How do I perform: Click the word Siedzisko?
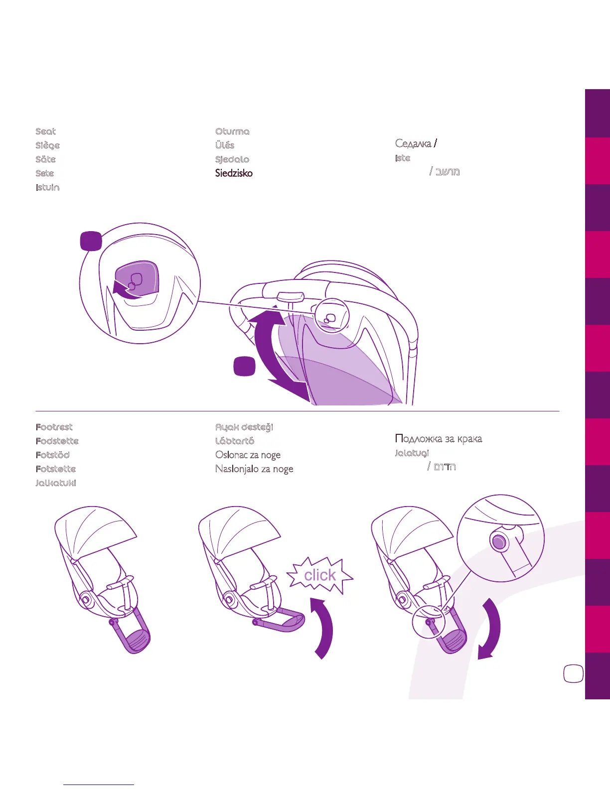[234, 173]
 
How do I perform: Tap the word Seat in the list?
[45, 131]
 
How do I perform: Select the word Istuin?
[47, 187]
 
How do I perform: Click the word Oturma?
[232, 131]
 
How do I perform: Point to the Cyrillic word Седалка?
[413, 143]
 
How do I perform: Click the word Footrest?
[54, 427]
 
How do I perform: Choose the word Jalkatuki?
[56, 483]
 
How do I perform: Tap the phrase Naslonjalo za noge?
[254, 469]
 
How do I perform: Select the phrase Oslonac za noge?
[248, 455]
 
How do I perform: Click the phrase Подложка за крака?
[439, 439]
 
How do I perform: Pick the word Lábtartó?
[235, 441]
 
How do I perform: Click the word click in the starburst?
[320, 575]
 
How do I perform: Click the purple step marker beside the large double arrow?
[244, 366]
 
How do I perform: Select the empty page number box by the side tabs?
[573, 673]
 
